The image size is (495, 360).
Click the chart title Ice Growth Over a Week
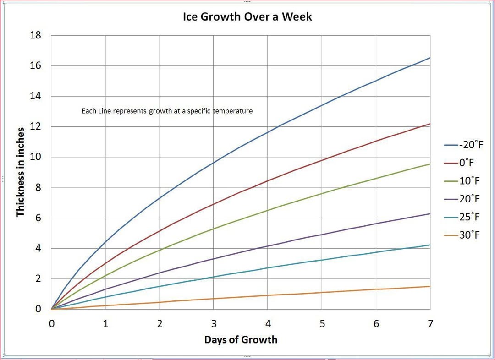(x=247, y=17)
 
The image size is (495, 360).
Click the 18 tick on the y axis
(x=36, y=35)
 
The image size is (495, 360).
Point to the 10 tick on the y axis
(x=36, y=157)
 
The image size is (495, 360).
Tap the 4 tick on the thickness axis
(x=38, y=248)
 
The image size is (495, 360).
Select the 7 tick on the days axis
(x=430, y=324)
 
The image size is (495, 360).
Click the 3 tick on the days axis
(x=214, y=324)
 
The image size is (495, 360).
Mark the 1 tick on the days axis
(x=105, y=324)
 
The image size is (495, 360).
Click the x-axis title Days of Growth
(x=241, y=340)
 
